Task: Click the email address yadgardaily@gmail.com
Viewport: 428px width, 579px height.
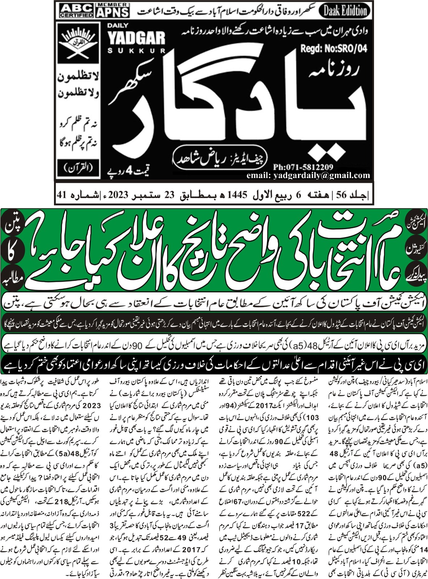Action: point(308,176)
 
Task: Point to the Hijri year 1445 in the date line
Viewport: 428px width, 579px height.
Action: point(237,195)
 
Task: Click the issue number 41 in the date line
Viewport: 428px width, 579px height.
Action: point(61,195)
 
